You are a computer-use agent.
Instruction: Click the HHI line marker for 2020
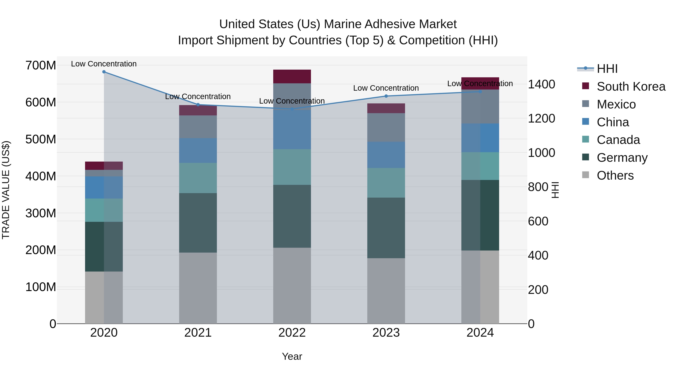(x=104, y=72)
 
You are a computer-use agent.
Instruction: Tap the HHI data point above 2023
(x=386, y=96)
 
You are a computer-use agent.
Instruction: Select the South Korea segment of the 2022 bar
(x=292, y=77)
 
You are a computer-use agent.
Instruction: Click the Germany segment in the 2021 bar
(x=198, y=223)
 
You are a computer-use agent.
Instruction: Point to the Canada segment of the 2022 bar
(x=292, y=167)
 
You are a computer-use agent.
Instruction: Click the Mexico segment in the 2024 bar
(x=480, y=106)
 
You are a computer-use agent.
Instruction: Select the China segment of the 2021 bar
(x=198, y=150)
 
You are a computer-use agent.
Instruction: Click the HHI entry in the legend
(x=607, y=69)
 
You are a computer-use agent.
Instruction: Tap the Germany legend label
(x=622, y=158)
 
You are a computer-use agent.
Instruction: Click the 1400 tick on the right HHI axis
(x=541, y=84)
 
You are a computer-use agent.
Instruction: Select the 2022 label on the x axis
(x=292, y=333)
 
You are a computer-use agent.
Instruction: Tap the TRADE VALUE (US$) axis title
(x=6, y=190)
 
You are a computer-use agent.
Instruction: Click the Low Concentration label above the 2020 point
(x=104, y=64)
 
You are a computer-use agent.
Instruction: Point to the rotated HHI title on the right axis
(x=555, y=190)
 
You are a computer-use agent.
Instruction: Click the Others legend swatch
(x=585, y=175)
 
